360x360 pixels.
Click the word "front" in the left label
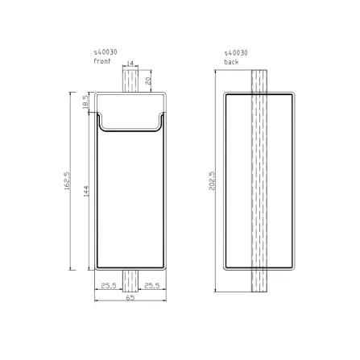101,61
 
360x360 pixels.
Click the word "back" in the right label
232,61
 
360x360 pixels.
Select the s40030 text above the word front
106,52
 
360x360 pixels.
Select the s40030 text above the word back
236,52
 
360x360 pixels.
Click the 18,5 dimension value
84,102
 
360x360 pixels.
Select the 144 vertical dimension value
85,190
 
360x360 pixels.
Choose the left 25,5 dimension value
109,285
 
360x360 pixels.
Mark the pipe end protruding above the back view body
259,81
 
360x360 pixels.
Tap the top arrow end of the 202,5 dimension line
217,71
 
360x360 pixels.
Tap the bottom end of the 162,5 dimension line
71,271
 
